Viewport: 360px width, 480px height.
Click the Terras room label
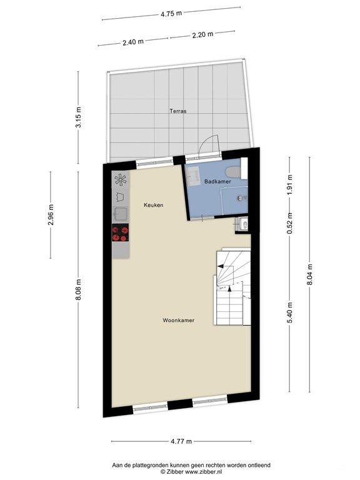point(178,111)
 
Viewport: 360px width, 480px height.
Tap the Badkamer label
point(217,181)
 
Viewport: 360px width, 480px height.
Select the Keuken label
point(153,205)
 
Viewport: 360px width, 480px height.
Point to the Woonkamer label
point(179,321)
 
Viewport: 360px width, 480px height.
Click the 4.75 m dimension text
point(171,14)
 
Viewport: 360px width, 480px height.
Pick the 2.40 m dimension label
point(133,42)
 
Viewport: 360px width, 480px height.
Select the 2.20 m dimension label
point(202,34)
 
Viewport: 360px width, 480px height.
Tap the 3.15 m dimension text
point(79,117)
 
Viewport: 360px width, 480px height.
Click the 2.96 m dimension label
point(51,215)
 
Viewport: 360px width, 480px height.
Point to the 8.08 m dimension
point(79,289)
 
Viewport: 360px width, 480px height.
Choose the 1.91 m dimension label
point(290,185)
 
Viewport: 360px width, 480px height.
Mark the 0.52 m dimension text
point(290,224)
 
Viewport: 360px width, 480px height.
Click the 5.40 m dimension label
point(290,312)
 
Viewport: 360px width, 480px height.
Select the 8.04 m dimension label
point(309,274)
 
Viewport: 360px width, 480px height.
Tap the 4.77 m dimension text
point(181,441)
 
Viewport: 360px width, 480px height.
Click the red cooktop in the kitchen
point(120,232)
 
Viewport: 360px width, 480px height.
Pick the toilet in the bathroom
point(233,172)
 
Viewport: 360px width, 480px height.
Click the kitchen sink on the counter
point(121,214)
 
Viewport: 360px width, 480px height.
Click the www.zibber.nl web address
point(204,472)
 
